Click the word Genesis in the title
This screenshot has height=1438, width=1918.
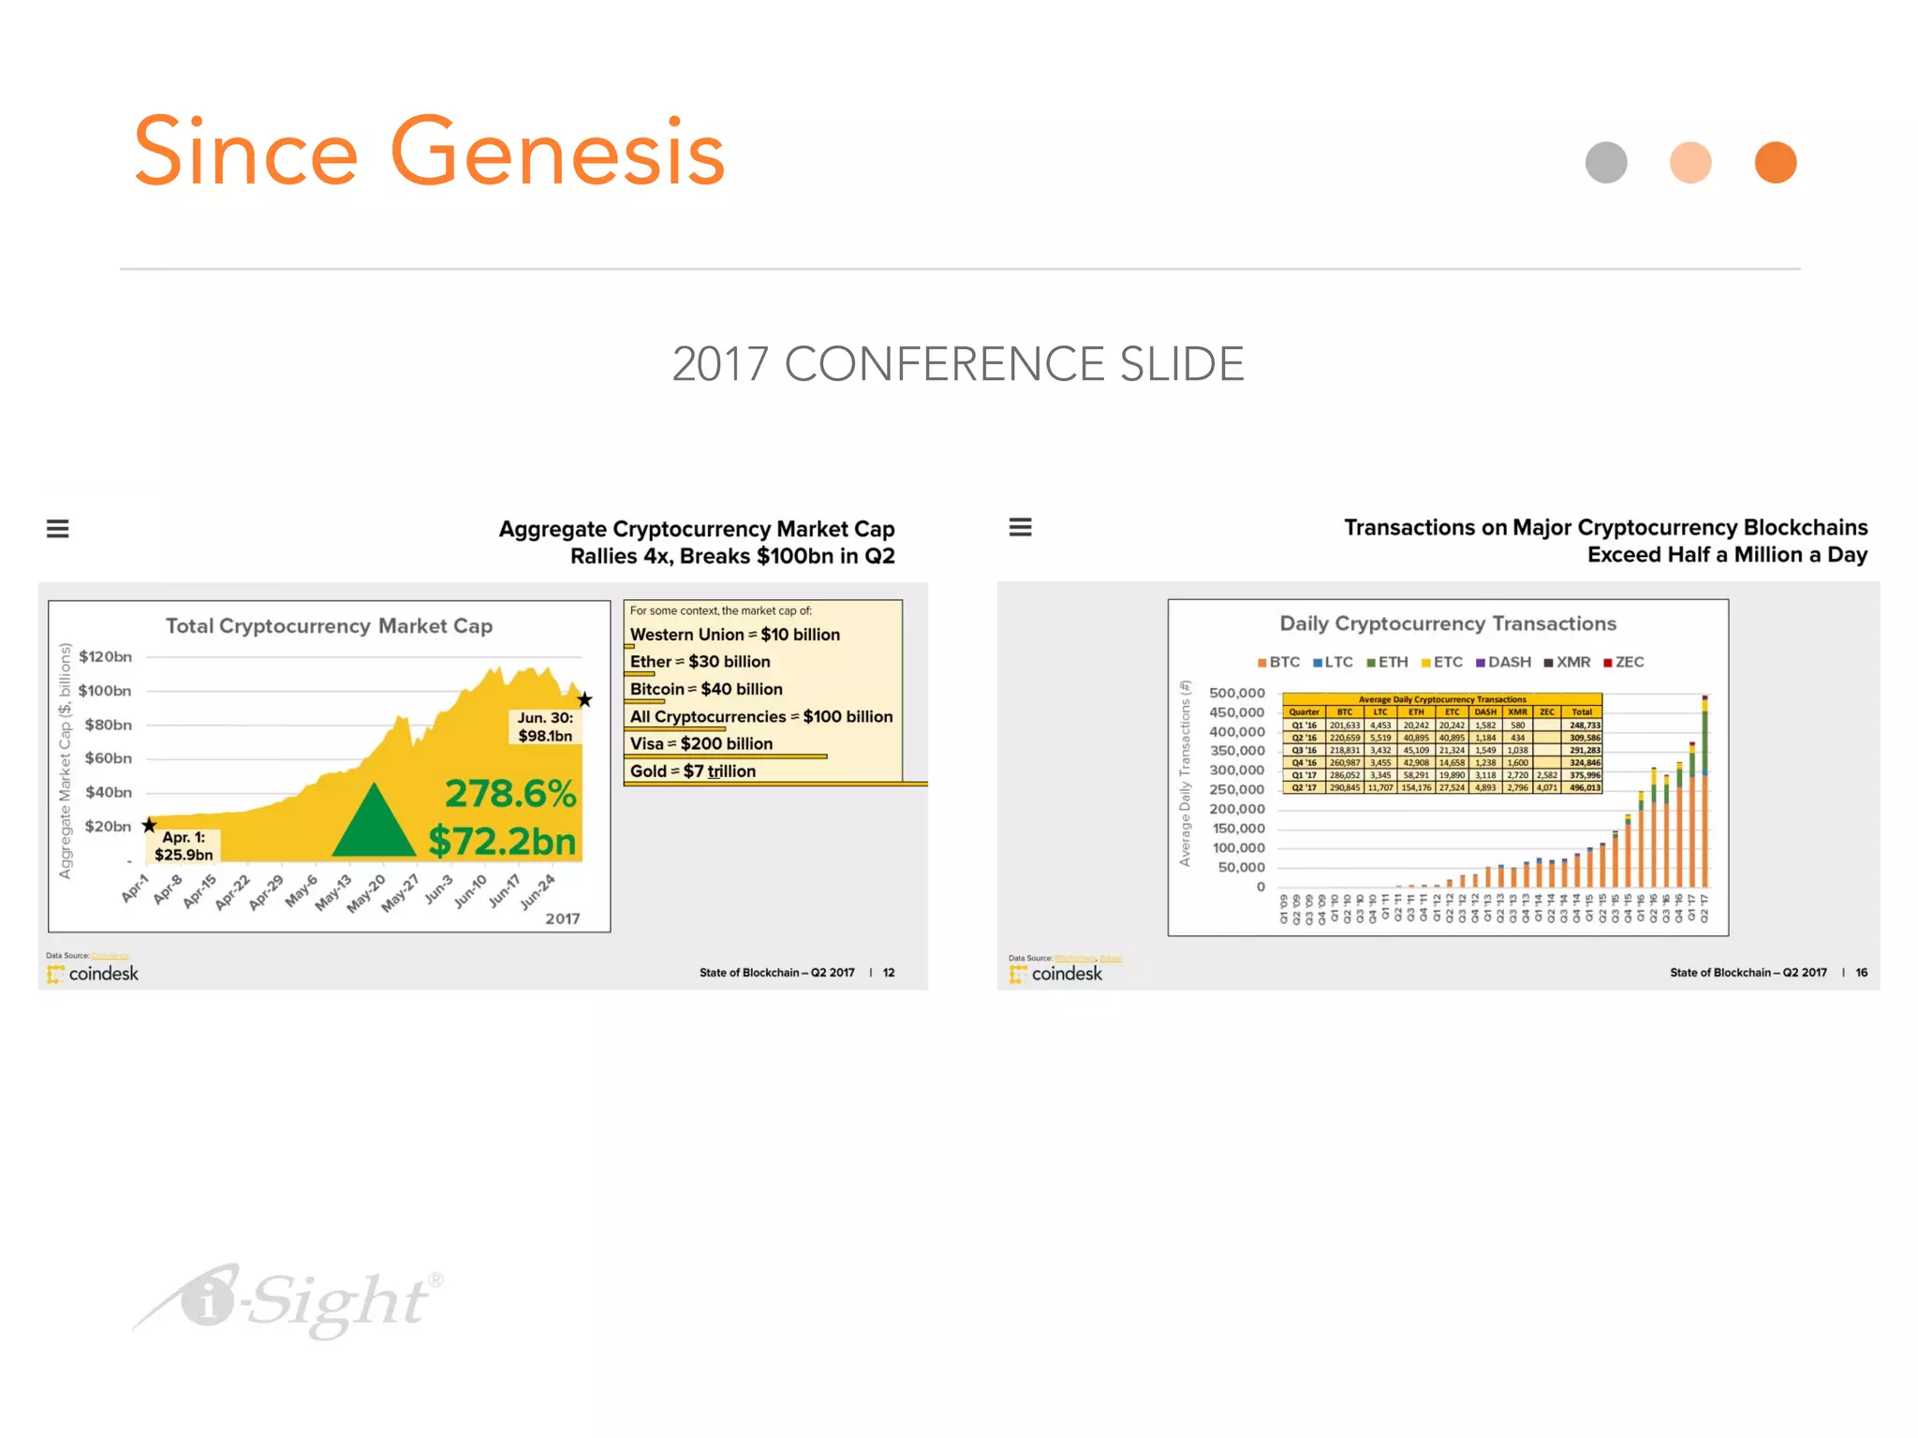point(557,153)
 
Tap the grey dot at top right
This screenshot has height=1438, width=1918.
point(1606,163)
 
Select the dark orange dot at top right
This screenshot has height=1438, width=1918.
point(1775,163)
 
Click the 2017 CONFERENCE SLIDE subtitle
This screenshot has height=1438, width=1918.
point(958,364)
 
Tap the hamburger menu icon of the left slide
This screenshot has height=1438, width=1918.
point(58,529)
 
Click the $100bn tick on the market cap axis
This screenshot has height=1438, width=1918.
point(105,691)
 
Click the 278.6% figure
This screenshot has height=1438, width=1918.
point(510,794)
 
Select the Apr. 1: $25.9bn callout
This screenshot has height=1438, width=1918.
point(184,845)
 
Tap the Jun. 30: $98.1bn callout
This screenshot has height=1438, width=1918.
point(545,726)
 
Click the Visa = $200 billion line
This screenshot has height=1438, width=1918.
point(701,743)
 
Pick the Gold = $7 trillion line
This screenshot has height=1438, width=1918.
point(693,771)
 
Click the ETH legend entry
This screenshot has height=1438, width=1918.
point(1388,662)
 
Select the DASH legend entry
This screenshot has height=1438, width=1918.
point(1504,662)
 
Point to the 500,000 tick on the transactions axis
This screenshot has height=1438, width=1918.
point(1236,693)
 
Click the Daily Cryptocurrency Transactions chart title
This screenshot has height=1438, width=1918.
point(1448,624)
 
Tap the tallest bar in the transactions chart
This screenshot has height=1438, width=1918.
point(1704,791)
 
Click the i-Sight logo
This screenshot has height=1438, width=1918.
point(290,1301)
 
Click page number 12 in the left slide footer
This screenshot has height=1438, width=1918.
point(889,973)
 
